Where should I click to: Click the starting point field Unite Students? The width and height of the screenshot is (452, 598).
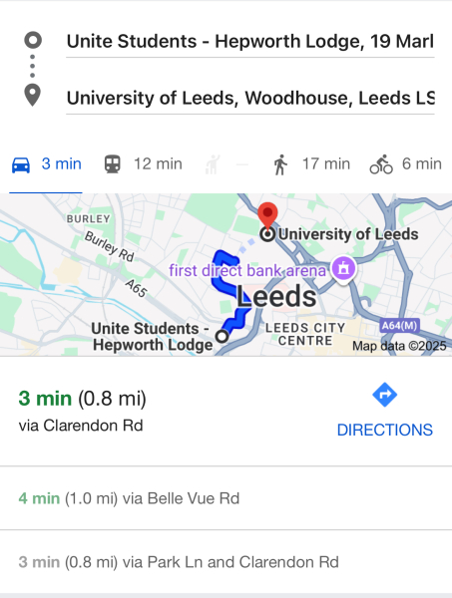click(249, 41)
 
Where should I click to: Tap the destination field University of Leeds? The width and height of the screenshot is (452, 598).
click(249, 98)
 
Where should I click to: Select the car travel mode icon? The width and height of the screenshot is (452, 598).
click(20, 164)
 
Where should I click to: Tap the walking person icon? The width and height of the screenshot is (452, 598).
click(280, 164)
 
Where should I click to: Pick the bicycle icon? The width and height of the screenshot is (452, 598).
click(381, 164)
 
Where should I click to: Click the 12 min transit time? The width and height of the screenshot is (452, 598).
click(158, 164)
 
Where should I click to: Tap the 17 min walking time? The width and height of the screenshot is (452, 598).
click(325, 164)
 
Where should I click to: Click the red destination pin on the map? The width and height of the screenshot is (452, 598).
click(267, 214)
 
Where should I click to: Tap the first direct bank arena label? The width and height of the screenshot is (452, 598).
click(248, 269)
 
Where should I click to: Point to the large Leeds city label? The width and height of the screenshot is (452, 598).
click(276, 296)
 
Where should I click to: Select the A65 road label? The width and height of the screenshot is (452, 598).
click(137, 288)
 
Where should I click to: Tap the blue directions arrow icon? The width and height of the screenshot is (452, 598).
click(384, 396)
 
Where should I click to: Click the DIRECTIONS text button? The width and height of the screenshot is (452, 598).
click(384, 431)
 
